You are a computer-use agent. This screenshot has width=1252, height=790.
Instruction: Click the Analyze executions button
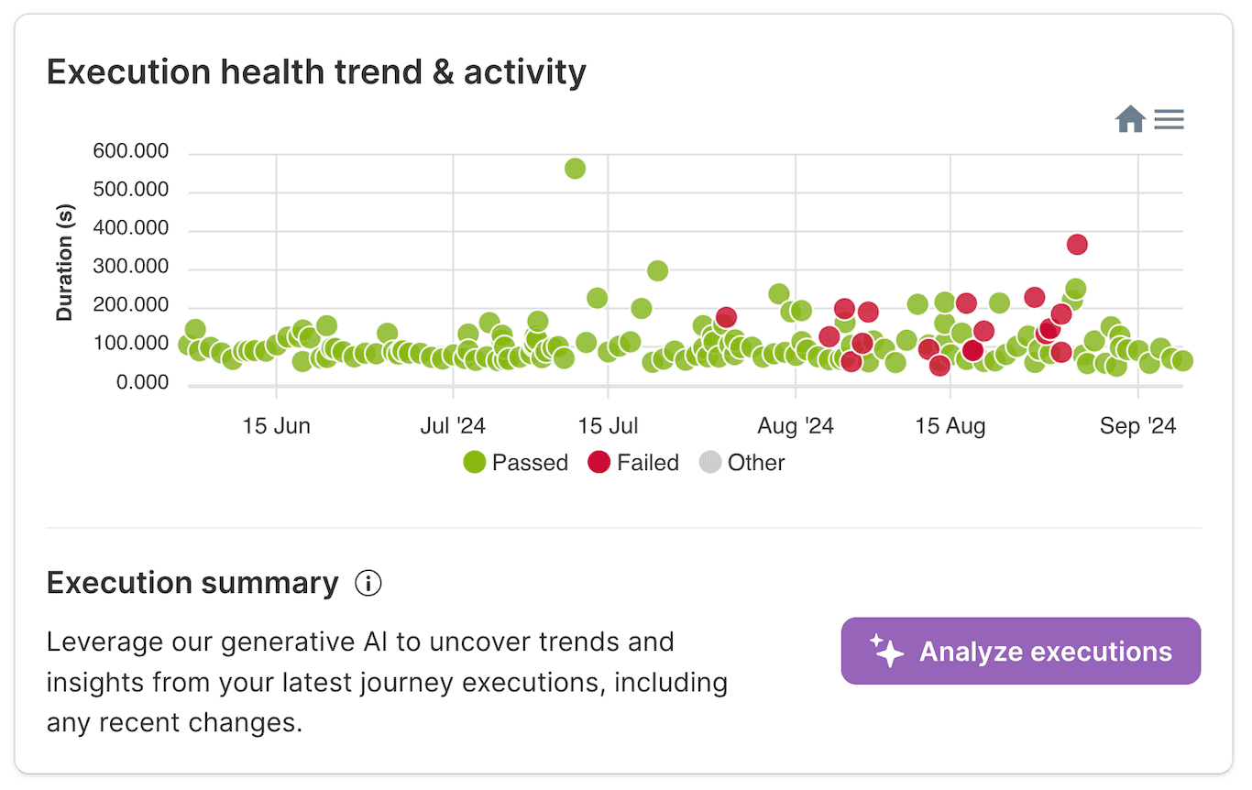[1020, 651]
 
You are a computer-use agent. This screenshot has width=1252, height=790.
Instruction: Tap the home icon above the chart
[1130, 119]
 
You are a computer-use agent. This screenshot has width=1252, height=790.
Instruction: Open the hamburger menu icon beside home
[1169, 119]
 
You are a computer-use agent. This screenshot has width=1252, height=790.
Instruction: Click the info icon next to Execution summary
[368, 584]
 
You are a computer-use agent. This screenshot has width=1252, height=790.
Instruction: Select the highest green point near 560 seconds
[575, 168]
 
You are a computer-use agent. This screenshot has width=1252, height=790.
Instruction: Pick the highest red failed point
[1077, 245]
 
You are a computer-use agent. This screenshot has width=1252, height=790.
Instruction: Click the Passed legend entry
[516, 463]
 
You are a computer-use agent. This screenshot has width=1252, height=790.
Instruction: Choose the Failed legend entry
[634, 463]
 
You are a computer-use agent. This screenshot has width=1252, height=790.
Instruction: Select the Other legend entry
[742, 463]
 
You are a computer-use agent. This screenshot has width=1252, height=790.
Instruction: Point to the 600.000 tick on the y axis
[131, 151]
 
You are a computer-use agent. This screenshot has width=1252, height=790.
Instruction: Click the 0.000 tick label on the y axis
[142, 383]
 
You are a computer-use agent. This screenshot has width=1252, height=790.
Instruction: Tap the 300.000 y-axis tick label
[131, 268]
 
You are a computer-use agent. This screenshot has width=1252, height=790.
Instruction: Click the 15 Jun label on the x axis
[276, 426]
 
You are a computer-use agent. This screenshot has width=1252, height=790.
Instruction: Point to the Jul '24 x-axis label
[453, 426]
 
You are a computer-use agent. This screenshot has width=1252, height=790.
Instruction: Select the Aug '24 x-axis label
[796, 426]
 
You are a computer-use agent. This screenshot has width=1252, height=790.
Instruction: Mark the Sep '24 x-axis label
[1137, 426]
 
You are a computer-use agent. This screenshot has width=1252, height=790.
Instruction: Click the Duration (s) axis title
[64, 262]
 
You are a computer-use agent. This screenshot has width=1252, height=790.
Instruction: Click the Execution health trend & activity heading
[316, 71]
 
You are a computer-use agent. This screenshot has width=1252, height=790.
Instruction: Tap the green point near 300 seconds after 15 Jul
[657, 270]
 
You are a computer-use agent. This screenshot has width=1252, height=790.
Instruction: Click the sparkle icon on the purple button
[886, 651]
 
